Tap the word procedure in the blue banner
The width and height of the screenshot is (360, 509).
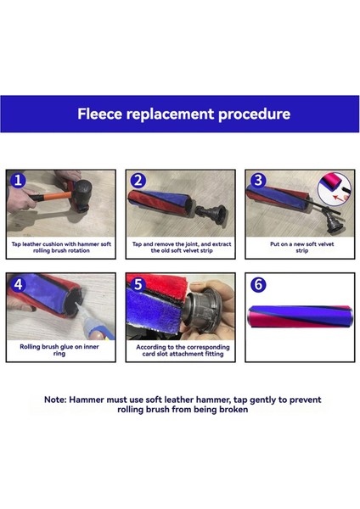click(255, 115)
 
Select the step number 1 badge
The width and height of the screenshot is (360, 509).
click(18, 180)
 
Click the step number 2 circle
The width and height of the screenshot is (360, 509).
click(138, 181)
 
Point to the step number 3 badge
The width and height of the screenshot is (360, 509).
click(258, 181)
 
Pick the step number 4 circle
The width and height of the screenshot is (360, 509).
click(18, 284)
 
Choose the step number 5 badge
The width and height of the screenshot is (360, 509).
click(138, 284)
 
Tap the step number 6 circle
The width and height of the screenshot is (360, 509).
click(258, 284)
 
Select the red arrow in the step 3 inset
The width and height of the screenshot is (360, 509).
click(339, 197)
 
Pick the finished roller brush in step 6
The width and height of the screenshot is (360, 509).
click(300, 316)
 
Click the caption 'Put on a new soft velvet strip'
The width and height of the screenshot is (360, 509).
click(302, 248)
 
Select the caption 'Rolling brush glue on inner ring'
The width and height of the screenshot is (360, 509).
click(59, 350)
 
